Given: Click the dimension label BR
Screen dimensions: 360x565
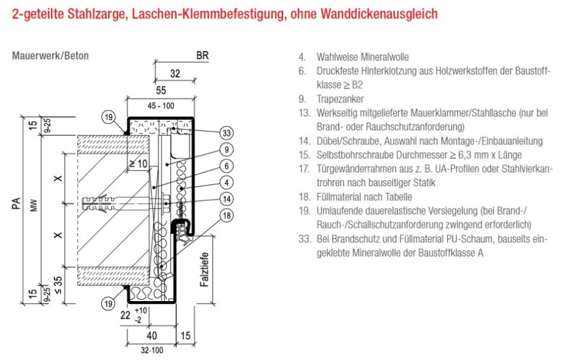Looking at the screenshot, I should [x=203, y=56].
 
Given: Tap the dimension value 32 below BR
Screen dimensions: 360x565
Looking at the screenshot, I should [x=175, y=75].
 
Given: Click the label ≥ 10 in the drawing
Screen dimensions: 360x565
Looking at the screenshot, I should [x=139, y=163].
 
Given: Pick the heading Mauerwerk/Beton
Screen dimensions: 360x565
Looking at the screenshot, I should [x=50, y=56].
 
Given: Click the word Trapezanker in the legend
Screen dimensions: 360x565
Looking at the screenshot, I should [x=340, y=99].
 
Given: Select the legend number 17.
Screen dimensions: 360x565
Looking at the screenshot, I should [x=303, y=169].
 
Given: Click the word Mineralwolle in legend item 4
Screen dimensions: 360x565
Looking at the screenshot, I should [x=383, y=57].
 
